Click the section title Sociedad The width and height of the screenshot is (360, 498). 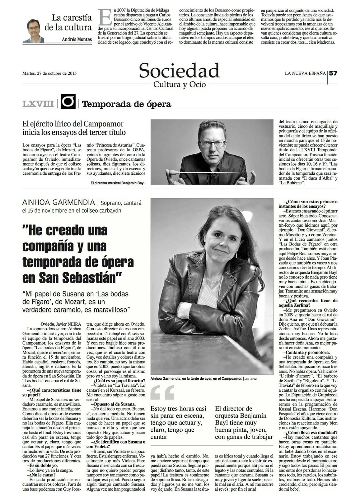pyautogui.click(x=179, y=70)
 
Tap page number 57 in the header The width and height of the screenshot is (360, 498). pyautogui.click(x=333, y=73)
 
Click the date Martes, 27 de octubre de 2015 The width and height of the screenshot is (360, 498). pyautogui.click(x=49, y=74)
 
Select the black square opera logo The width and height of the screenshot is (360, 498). pyautogui.click(x=68, y=101)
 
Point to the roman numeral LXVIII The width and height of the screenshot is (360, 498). pyautogui.click(x=38, y=104)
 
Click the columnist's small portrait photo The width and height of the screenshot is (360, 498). pyautogui.click(x=33, y=31)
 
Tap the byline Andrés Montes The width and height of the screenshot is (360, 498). pyautogui.click(x=77, y=40)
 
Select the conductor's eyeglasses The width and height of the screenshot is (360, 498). pyautogui.click(x=213, y=143)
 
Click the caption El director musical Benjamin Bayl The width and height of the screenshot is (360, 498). pyautogui.click(x=118, y=183)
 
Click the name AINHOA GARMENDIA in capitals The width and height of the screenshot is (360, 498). pyautogui.click(x=58, y=203)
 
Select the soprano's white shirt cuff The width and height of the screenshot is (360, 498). pyautogui.click(x=183, y=309)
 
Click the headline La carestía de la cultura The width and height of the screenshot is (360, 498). pyautogui.click(x=68, y=22)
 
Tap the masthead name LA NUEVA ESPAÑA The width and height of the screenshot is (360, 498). pyautogui.click(x=305, y=73)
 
